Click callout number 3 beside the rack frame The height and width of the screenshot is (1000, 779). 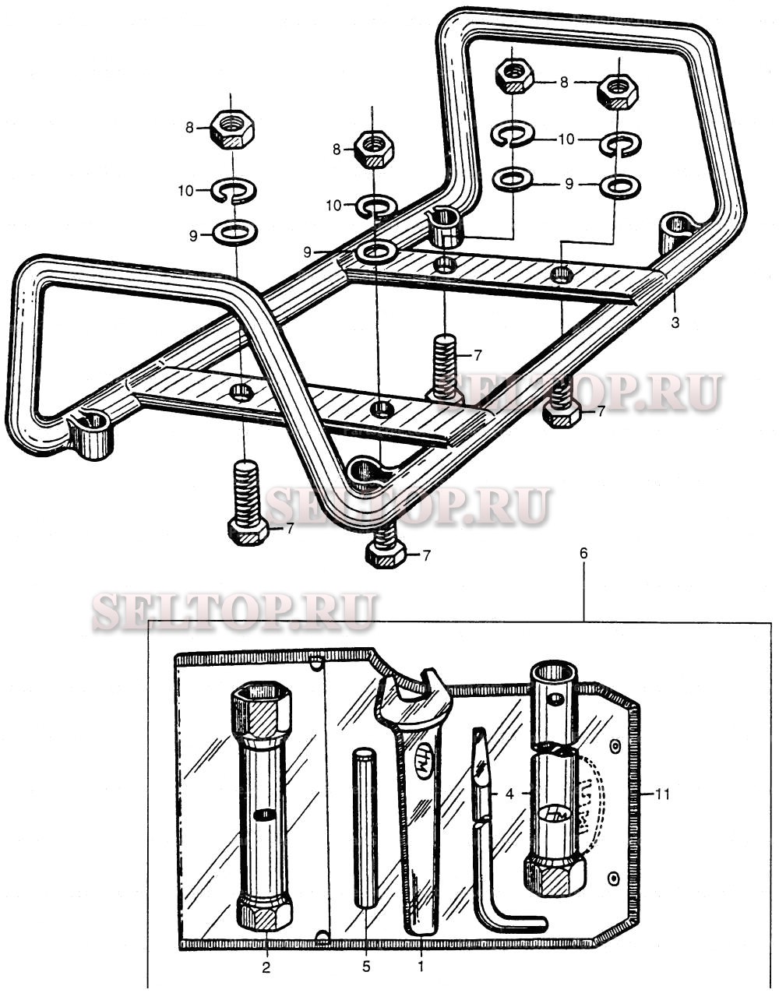(x=675, y=322)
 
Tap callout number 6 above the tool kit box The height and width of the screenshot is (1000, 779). (x=583, y=554)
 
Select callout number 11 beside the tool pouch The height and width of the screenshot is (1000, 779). (x=663, y=794)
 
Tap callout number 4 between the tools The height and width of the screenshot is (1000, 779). (x=509, y=794)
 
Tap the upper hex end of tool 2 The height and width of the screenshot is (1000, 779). (x=261, y=713)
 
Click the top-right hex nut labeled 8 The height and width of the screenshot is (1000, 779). (x=617, y=93)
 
